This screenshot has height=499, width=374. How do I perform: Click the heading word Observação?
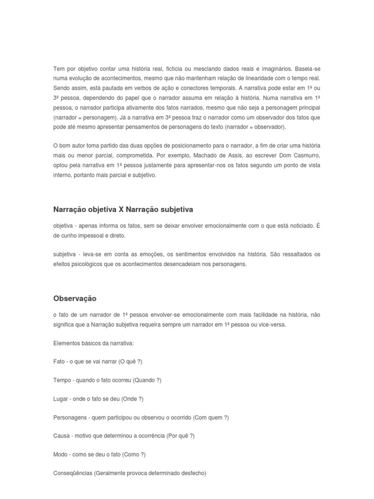pos(75,298)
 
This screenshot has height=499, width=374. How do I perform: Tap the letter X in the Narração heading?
pos(121,209)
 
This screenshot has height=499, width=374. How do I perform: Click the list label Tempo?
pos(61,380)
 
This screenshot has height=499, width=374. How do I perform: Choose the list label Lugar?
pos(60,399)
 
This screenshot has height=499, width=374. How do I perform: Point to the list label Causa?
pos(61,436)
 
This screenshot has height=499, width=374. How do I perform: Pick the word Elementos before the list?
pos(66,343)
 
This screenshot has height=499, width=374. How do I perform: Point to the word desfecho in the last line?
pos(193,473)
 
